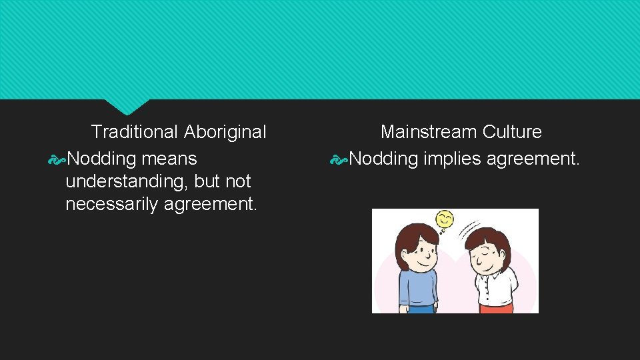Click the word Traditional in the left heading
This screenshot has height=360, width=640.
133,132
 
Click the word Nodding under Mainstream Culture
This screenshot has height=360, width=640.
383,159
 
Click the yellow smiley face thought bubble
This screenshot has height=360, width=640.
444,219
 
